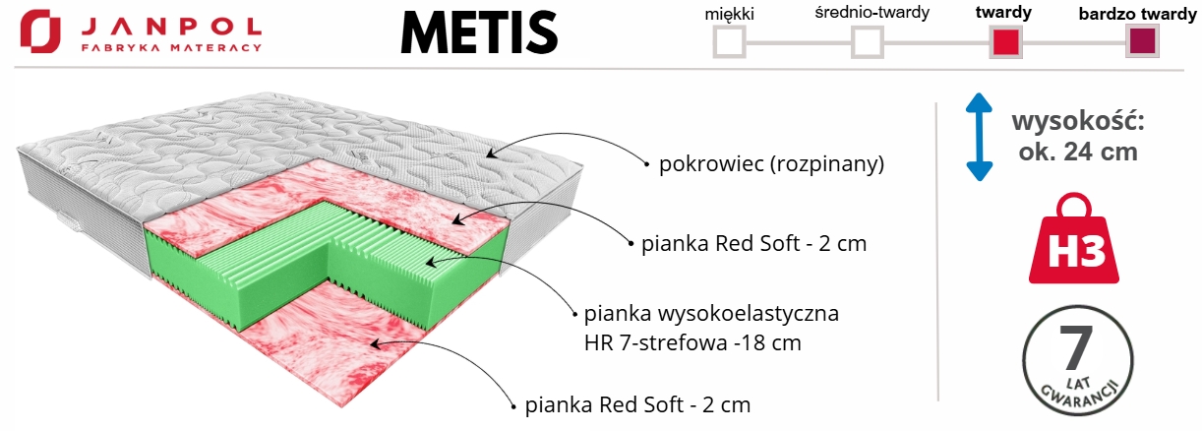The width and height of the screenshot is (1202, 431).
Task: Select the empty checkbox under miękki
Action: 729,42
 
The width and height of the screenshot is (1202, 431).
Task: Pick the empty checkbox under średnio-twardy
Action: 867,42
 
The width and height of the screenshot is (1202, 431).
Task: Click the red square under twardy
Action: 1005,42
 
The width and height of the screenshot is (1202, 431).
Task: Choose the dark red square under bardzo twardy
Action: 1142,42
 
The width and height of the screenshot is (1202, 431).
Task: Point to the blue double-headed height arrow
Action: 977,137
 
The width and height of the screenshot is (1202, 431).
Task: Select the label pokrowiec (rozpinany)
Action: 771,164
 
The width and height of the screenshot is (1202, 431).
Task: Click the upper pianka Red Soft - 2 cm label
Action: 753,244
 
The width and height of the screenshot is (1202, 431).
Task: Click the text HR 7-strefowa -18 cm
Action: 691,343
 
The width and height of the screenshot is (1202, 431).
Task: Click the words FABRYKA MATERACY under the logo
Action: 171,46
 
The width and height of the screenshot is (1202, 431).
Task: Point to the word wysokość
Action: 1077,123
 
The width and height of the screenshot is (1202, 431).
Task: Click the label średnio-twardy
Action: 866,15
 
